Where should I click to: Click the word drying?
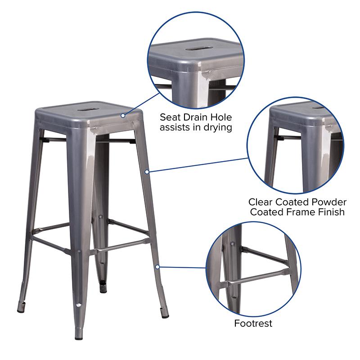pos(217,128)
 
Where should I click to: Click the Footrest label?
pos(253,323)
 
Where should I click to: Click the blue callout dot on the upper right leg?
pos(147,171)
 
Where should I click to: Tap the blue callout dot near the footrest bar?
pos(157,267)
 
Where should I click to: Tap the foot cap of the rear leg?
pos(103,287)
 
